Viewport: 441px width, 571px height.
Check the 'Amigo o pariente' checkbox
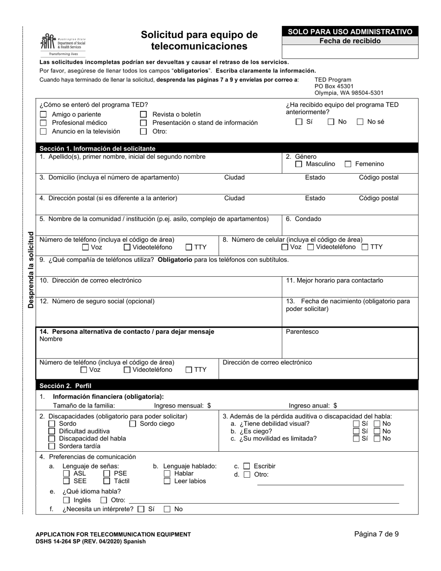point(43,115)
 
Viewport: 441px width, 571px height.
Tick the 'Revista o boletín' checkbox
point(143,115)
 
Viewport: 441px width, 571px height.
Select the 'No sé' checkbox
point(360,122)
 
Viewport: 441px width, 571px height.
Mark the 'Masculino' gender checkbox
point(298,164)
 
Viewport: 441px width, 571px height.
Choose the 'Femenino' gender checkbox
point(348,164)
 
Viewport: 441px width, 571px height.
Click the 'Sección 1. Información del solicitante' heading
point(97,149)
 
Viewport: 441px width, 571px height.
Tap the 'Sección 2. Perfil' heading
point(65,385)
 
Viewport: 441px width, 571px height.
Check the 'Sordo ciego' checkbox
point(132,424)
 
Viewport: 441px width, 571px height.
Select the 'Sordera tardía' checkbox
point(52,446)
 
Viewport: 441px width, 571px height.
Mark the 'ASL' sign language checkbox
point(66,474)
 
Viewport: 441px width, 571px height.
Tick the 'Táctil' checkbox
point(107,481)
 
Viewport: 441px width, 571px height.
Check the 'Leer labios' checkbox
point(167,481)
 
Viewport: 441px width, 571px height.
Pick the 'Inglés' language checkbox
point(66,500)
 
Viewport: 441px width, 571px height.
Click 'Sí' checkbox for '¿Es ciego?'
point(356,431)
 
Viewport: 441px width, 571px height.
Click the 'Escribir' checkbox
point(246,466)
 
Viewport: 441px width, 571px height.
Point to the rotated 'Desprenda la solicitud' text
point(31,270)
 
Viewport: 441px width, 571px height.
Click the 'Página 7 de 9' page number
point(376,534)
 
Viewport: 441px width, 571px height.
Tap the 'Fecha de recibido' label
point(350,41)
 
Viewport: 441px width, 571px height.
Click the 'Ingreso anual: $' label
point(313,405)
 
